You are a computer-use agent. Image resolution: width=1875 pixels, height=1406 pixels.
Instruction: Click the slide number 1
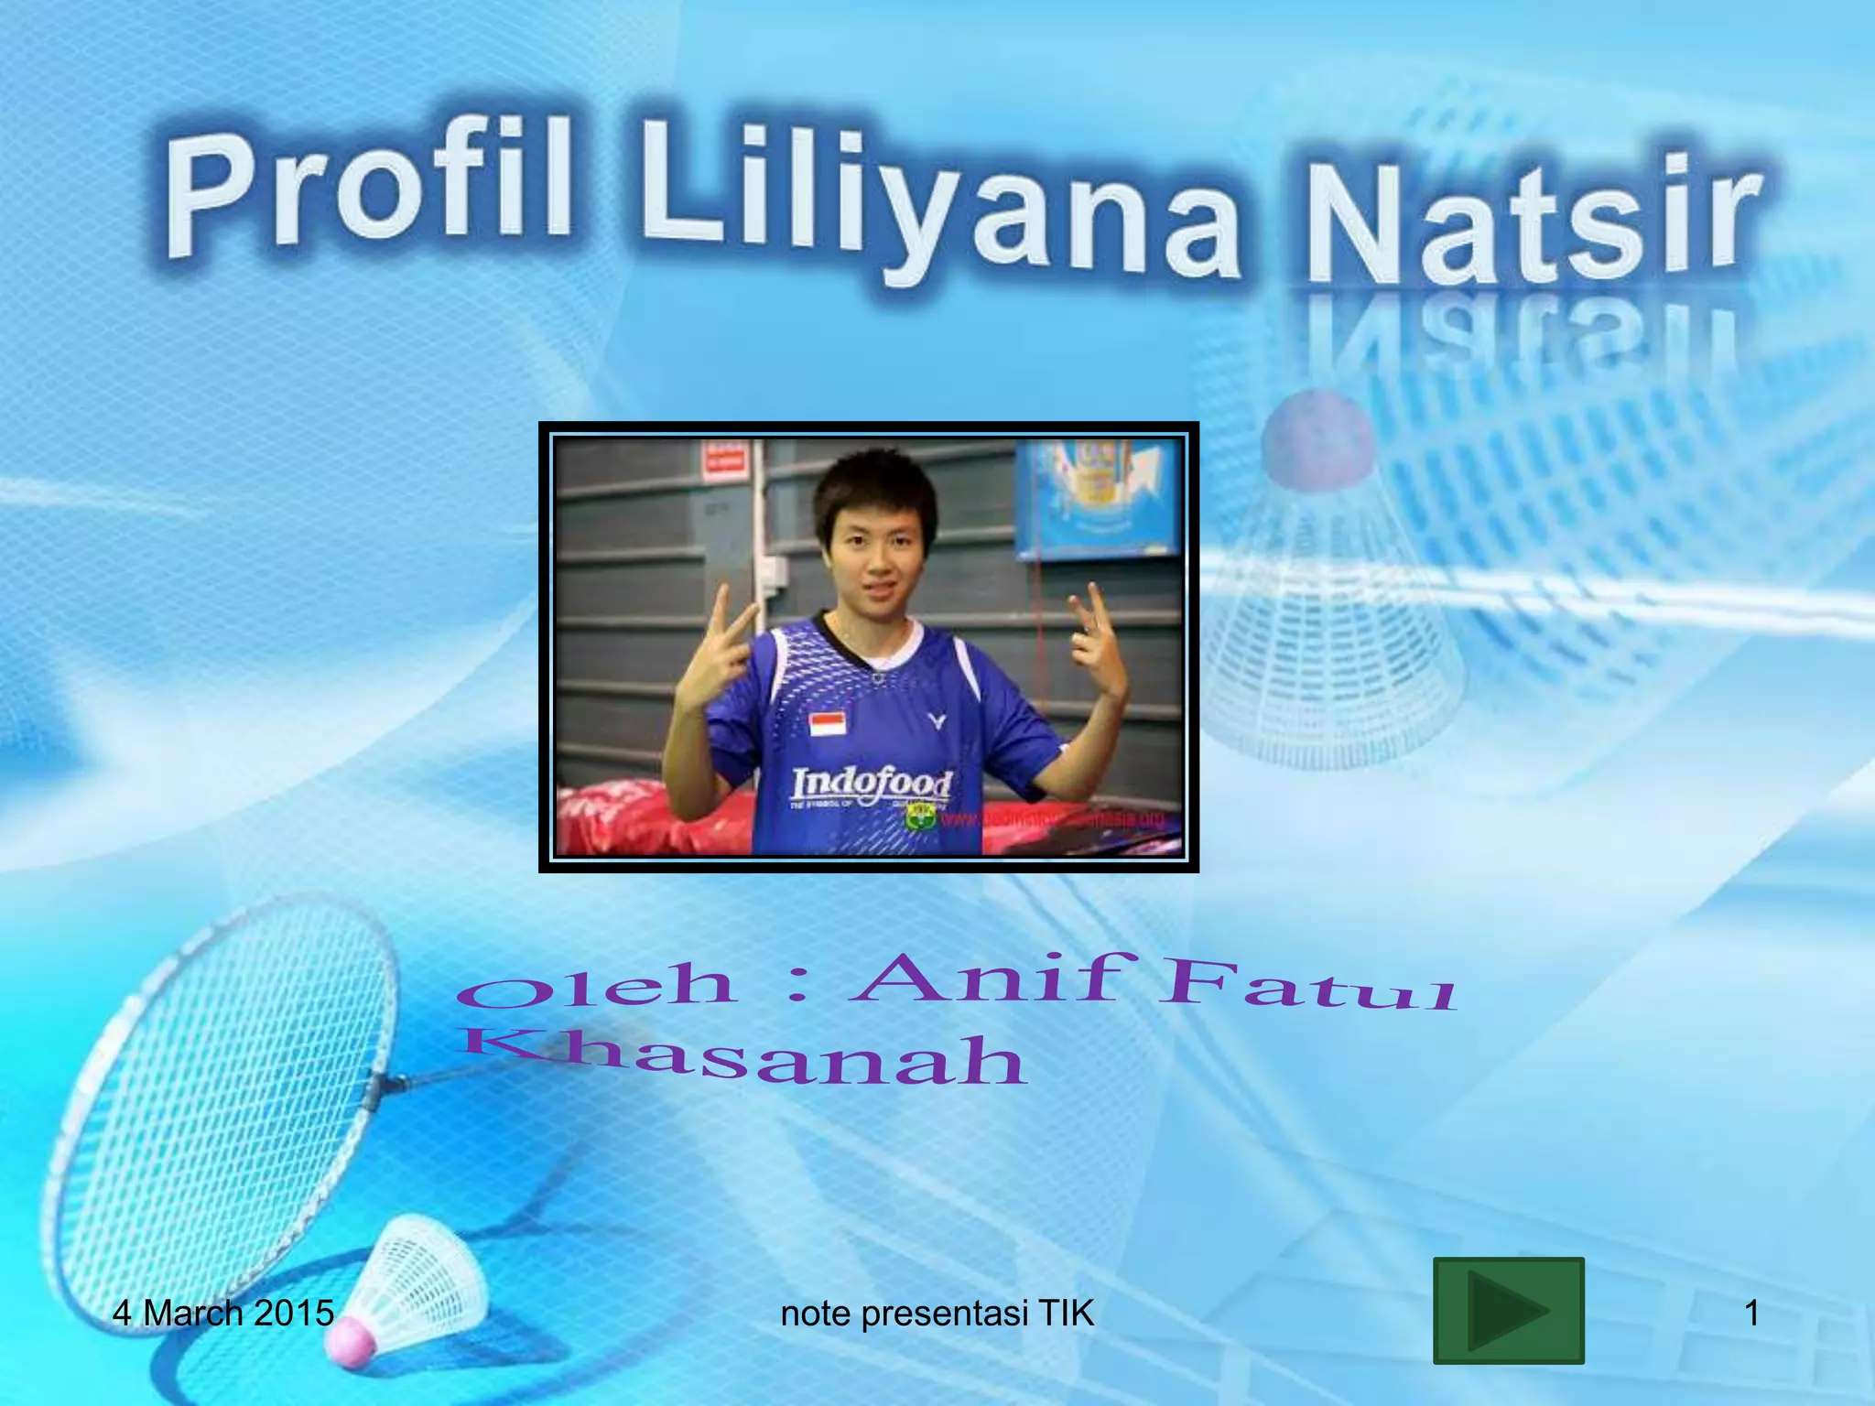pos(1751,1314)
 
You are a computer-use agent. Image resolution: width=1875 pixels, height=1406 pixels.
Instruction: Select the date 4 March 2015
pos(222,1314)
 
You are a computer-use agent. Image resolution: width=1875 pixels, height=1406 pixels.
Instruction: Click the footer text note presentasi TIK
pos(937,1314)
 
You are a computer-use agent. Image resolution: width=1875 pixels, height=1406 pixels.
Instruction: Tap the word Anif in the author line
pos(989,978)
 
